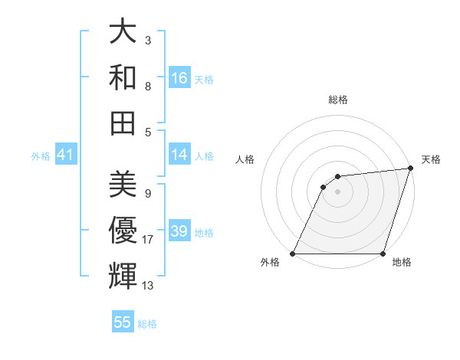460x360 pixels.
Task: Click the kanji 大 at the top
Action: pyautogui.click(x=123, y=32)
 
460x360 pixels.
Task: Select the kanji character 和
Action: pyautogui.click(x=123, y=77)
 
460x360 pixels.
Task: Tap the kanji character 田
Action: pyautogui.click(x=123, y=123)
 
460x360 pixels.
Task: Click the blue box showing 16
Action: pyautogui.click(x=179, y=78)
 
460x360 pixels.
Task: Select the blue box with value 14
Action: pyautogui.click(x=179, y=155)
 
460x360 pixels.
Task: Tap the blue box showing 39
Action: pyautogui.click(x=179, y=231)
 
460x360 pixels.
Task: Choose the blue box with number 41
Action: pyautogui.click(x=65, y=155)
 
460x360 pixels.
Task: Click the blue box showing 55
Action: pyautogui.click(x=123, y=322)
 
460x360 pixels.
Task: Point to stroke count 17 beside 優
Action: pyautogui.click(x=148, y=240)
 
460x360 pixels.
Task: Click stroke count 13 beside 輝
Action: pyautogui.click(x=148, y=286)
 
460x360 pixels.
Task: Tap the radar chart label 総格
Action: pyautogui.click(x=338, y=100)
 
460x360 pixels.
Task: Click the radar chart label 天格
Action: pyautogui.click(x=431, y=159)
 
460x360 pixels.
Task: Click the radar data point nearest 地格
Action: pyautogui.click(x=383, y=254)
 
